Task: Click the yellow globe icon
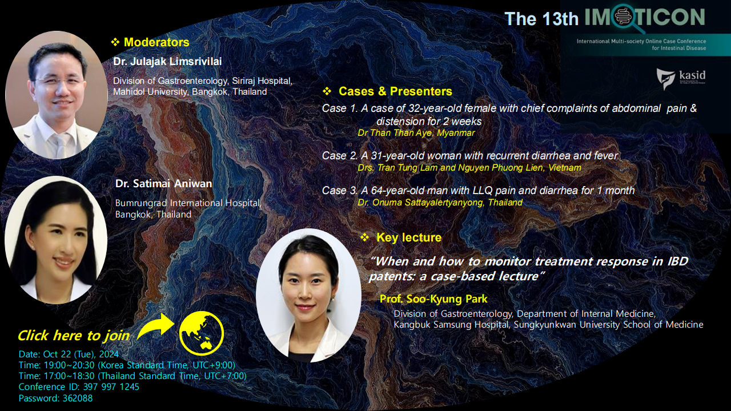[x=202, y=333]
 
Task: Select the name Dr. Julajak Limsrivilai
[x=167, y=61]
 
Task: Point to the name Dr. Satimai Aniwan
[x=163, y=184]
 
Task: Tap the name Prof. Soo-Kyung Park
[x=433, y=299]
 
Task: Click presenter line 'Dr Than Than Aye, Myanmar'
[x=416, y=133]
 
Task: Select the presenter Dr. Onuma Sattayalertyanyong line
[x=440, y=203]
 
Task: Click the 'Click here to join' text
[x=74, y=336]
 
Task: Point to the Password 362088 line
[x=55, y=398]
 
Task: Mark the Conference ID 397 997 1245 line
[x=79, y=387]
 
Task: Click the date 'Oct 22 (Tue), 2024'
[x=81, y=354]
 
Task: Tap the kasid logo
[x=681, y=79]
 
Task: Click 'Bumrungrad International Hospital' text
[x=188, y=203]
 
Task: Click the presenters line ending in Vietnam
[x=469, y=168]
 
